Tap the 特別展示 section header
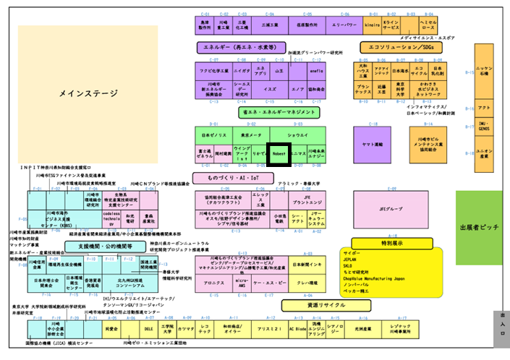382,243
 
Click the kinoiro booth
373,25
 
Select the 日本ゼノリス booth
214,135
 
